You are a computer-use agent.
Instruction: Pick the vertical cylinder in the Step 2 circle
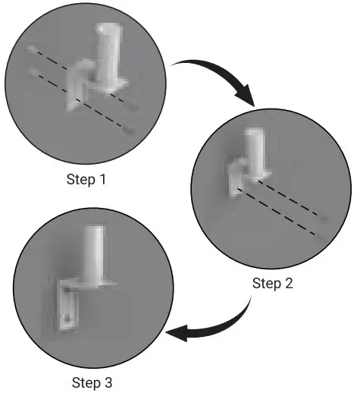coord(253,151)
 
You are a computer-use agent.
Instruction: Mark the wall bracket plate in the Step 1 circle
coord(77,91)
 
